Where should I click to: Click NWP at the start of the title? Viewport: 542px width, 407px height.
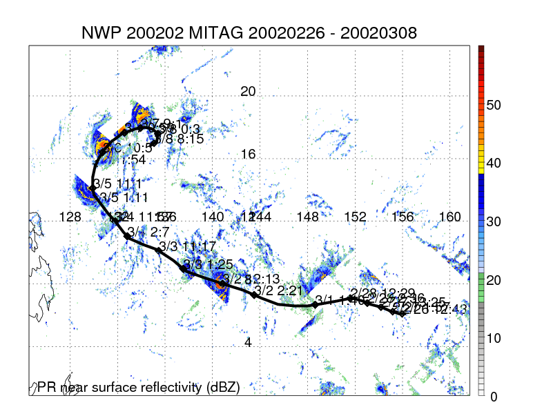point(100,33)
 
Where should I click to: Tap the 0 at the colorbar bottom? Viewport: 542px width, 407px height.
point(494,396)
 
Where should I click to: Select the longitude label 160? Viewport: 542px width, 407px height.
point(449,217)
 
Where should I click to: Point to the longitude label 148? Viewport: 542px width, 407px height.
point(307,217)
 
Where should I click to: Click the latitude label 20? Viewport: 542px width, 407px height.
point(248,92)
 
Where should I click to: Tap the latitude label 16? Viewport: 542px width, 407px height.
point(248,155)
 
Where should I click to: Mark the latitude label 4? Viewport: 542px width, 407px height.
point(248,342)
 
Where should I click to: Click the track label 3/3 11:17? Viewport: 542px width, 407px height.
point(187,246)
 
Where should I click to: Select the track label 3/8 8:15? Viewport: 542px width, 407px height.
point(181,139)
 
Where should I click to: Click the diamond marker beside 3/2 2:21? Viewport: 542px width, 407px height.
point(254,295)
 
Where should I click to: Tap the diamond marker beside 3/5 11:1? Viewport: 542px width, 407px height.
point(93,188)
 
